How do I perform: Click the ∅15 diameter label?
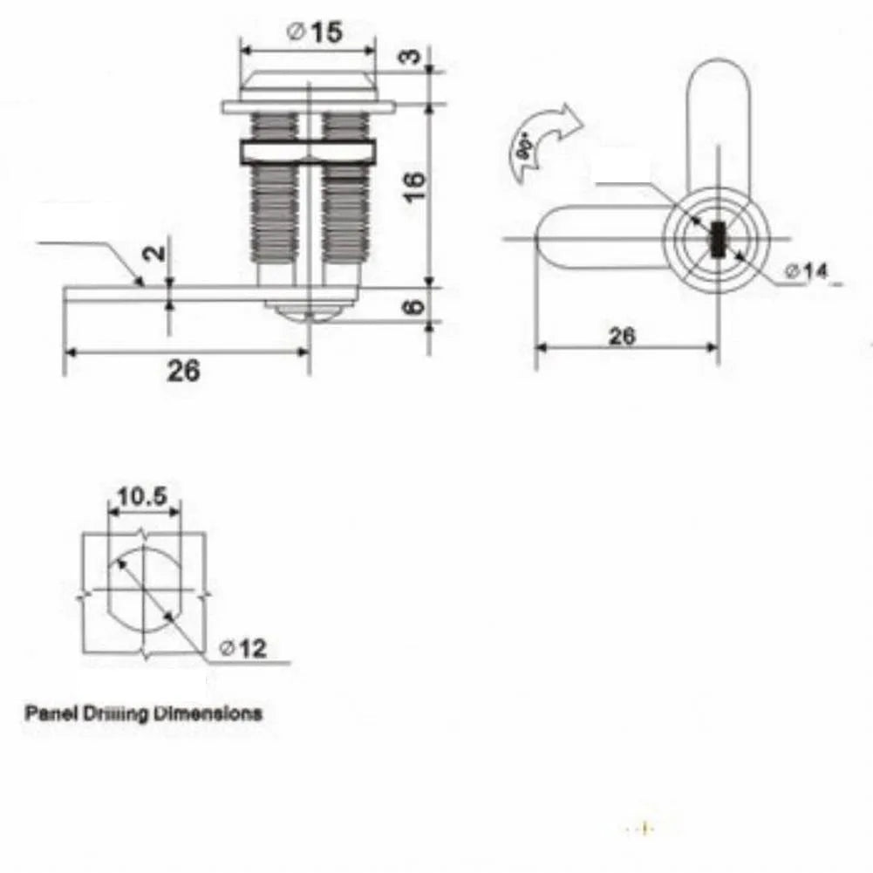click(313, 33)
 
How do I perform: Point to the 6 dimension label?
click(415, 306)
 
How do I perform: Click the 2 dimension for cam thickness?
click(153, 253)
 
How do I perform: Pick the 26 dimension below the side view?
click(183, 371)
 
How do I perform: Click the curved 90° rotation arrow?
click(541, 140)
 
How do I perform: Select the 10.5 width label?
click(143, 496)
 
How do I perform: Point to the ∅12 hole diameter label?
click(242, 648)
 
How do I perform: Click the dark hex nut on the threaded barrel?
click(307, 152)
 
